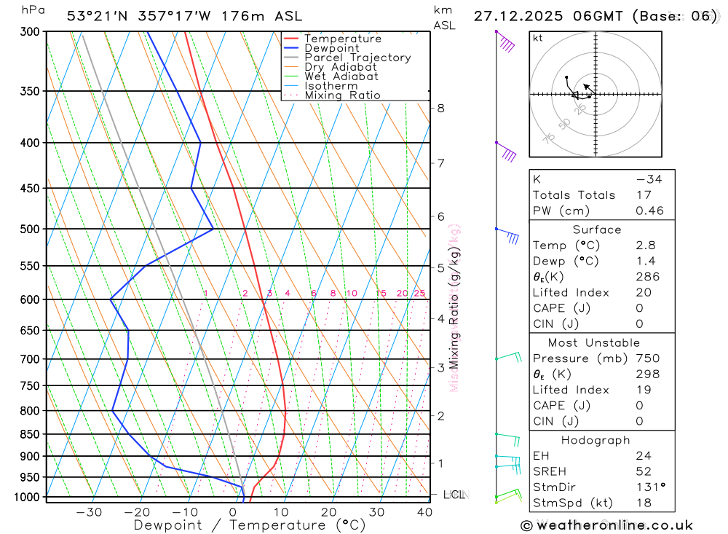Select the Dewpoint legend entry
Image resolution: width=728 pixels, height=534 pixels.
pyautogui.click(x=331, y=48)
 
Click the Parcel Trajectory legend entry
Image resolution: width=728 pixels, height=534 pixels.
pyautogui.click(x=357, y=58)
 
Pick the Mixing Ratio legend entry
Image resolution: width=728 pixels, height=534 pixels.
pyautogui.click(x=342, y=95)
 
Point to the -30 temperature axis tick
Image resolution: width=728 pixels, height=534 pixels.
pyautogui.click(x=90, y=512)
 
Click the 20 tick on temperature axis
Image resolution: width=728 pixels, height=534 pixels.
pyautogui.click(x=328, y=512)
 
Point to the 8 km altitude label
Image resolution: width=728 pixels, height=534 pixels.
pyautogui.click(x=440, y=109)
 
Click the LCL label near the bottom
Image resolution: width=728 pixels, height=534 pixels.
pyautogui.click(x=454, y=495)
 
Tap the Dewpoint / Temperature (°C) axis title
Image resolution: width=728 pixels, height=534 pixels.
pyautogui.click(x=249, y=525)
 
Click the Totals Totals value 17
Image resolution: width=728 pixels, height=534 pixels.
pyautogui.click(x=641, y=195)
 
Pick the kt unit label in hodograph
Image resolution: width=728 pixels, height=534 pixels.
pyautogui.click(x=538, y=38)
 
